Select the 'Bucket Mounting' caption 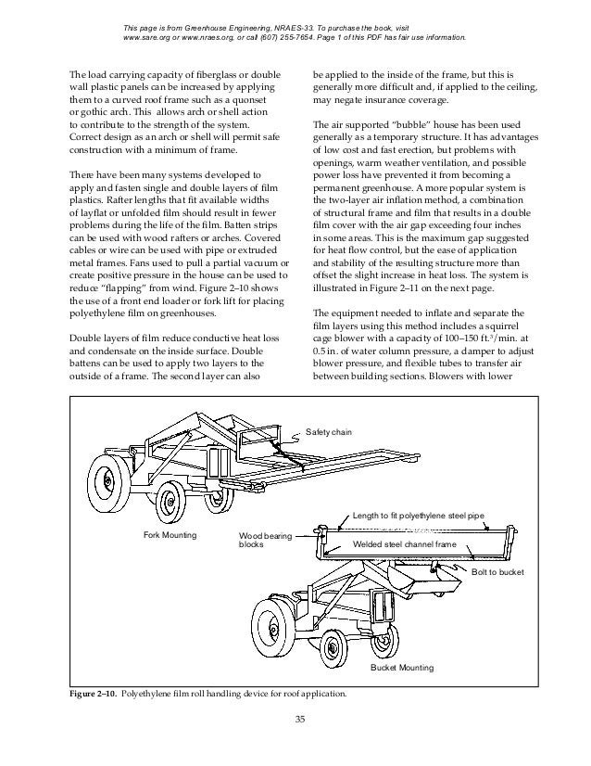(402, 668)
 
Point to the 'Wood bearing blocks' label (265, 541)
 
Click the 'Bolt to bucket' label (498, 573)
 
